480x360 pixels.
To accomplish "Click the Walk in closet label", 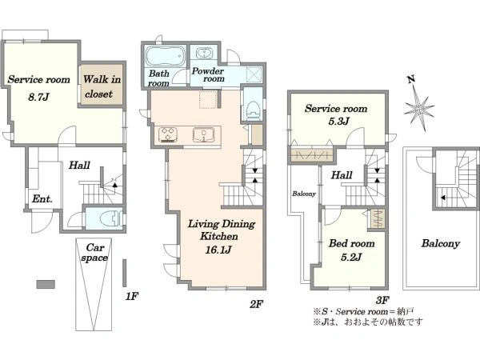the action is (x=102, y=86).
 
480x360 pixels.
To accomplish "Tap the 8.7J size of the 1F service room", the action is (x=38, y=98).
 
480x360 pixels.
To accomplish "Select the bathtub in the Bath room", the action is (x=166, y=56).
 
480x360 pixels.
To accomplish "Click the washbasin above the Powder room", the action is (x=203, y=53).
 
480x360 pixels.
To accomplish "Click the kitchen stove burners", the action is (x=168, y=134).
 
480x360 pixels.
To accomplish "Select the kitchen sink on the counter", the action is (x=203, y=135).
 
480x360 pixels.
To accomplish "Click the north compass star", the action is (x=419, y=108).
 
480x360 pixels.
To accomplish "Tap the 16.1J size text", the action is (x=218, y=250).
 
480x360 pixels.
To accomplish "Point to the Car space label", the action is (x=94, y=252).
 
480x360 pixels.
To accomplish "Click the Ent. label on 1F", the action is (x=42, y=199).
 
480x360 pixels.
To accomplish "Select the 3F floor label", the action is (x=382, y=300).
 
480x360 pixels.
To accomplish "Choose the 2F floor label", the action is (x=256, y=304).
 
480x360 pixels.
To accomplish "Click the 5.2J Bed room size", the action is (x=351, y=257).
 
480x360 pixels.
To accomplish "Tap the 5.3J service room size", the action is (x=339, y=122).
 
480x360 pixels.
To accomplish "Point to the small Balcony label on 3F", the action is (x=304, y=194).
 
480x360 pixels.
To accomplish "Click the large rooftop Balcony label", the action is (x=441, y=244).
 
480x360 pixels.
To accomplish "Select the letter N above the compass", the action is (x=411, y=79).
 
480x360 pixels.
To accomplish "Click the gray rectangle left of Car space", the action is (x=46, y=284).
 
